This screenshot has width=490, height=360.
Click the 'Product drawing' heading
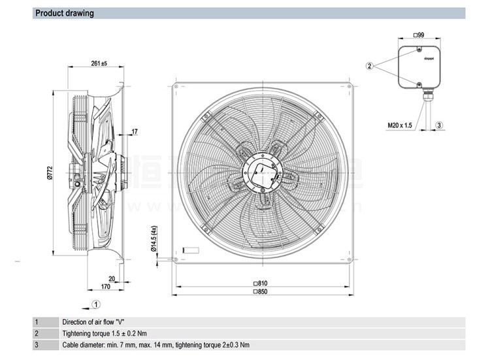65,13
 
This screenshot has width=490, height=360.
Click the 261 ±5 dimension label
98,63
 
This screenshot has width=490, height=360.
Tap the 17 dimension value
135,132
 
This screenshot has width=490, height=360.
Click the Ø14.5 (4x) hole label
154,238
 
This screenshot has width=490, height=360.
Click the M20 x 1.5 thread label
400,124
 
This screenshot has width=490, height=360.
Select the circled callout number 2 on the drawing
370,65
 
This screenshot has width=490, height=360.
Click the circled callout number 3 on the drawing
439,125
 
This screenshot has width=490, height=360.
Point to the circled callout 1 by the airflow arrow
95,304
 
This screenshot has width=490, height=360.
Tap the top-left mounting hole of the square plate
175,86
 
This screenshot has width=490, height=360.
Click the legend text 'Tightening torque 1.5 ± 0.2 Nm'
105,333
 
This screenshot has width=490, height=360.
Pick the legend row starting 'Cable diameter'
155,345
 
